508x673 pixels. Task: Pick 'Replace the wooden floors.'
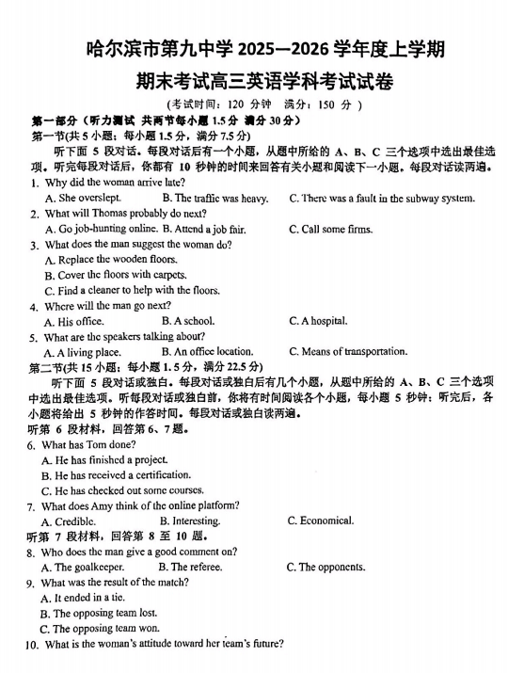110,259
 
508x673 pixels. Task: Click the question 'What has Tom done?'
89,444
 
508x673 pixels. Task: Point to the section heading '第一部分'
54,121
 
